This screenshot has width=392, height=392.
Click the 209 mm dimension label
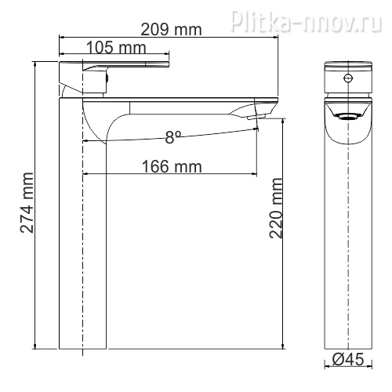171,30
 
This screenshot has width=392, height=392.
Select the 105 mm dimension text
116,48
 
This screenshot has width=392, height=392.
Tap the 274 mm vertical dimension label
27,202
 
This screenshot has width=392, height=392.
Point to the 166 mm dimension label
172,166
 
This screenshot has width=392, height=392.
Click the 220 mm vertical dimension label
276,208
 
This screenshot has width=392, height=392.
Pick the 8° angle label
173,137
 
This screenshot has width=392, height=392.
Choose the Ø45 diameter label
348,359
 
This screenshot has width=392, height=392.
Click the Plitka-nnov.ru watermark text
306,21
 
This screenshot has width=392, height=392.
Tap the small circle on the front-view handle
348,78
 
